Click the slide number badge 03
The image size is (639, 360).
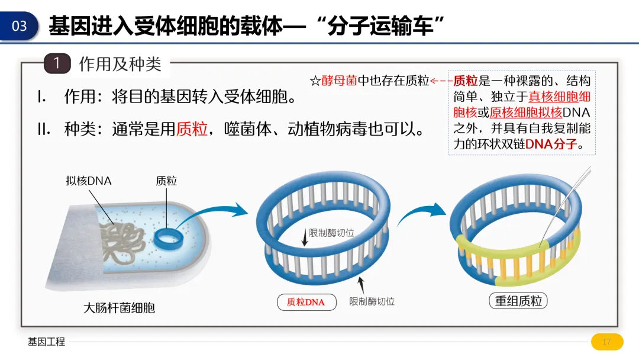tap(20, 26)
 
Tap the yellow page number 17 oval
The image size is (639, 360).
tap(606, 342)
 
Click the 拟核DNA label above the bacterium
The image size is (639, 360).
tap(89, 181)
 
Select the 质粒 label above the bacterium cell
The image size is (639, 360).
tap(166, 181)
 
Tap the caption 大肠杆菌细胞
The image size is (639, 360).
tap(119, 307)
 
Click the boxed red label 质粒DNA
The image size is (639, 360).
tap(306, 302)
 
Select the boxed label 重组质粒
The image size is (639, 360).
tap(518, 301)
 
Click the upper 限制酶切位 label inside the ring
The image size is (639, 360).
tap(331, 233)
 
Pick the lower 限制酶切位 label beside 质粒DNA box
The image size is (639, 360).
tap(372, 301)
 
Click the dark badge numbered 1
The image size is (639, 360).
tap(57, 63)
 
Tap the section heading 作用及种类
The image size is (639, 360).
tap(120, 64)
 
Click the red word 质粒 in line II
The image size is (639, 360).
tap(192, 128)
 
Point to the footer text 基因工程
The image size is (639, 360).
tap(46, 342)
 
